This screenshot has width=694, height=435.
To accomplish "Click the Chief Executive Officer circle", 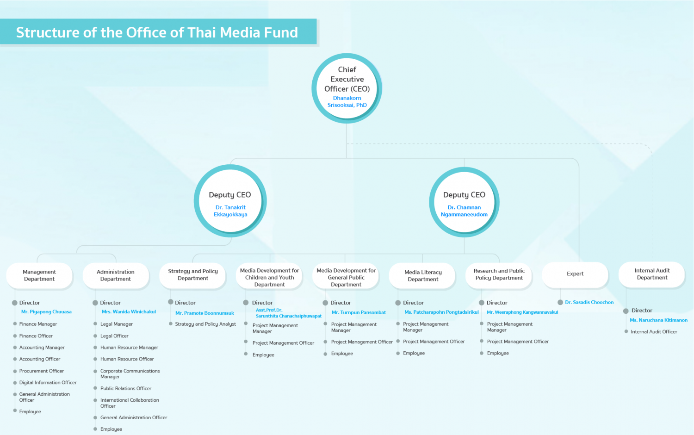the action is coord(347,88).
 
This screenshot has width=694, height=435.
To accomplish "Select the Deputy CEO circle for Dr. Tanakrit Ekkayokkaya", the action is coord(230,201).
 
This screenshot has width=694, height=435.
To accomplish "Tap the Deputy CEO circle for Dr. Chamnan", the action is coord(464,202).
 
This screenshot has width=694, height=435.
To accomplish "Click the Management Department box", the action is coord(39,275).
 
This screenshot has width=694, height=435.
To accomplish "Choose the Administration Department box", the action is coord(116,275).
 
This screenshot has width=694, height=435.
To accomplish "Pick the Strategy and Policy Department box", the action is coord(192,275).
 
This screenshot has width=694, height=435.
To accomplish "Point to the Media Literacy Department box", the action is coord(422,275).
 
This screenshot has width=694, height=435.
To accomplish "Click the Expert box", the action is coord(575,274).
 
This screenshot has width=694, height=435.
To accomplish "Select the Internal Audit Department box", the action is coord(652,274).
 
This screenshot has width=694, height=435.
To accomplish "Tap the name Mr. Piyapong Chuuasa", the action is coord(46,312).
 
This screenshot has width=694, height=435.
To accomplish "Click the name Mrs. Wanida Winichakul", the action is coord(129,312).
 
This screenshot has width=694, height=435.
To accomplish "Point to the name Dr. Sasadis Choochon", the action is coord(589,302).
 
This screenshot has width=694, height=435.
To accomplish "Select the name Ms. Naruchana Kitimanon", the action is coord(658,320).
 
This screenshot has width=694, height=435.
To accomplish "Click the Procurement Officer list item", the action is coord(41,371).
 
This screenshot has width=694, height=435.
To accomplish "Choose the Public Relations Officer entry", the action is coord(125,388).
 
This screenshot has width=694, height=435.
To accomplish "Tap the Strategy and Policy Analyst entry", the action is coord(205,324).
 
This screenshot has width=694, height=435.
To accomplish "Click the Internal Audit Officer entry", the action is coord(654,331).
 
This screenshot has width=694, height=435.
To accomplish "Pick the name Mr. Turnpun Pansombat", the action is coord(359,312).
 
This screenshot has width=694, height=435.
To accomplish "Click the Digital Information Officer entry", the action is coord(48,383).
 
